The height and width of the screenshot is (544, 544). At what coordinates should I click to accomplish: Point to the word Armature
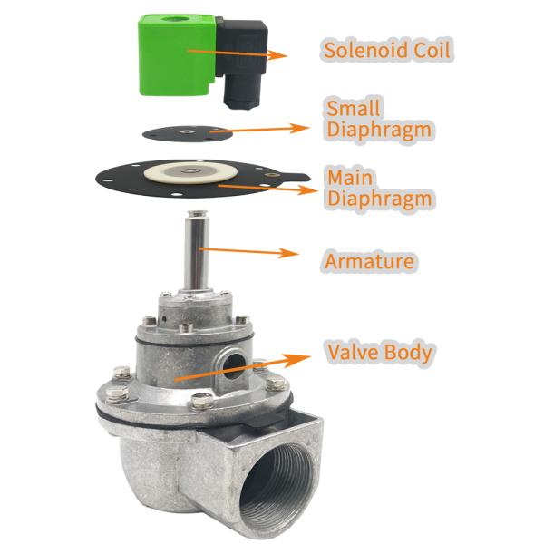pos(370,262)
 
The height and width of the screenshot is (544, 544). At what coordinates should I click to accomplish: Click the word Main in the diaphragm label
pos(345,175)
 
